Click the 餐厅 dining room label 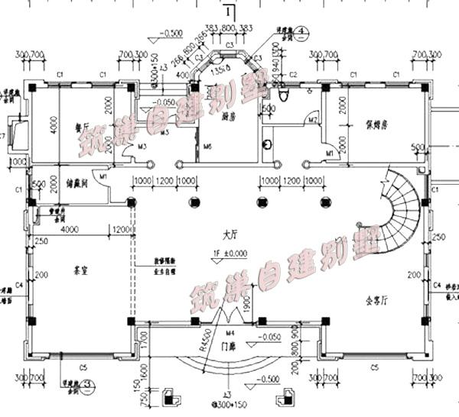(x=81, y=128)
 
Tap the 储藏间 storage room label (x=81, y=184)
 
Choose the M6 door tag (x=207, y=145)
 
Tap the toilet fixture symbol (x=283, y=94)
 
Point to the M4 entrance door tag (x=230, y=333)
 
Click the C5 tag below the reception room (x=375, y=368)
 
